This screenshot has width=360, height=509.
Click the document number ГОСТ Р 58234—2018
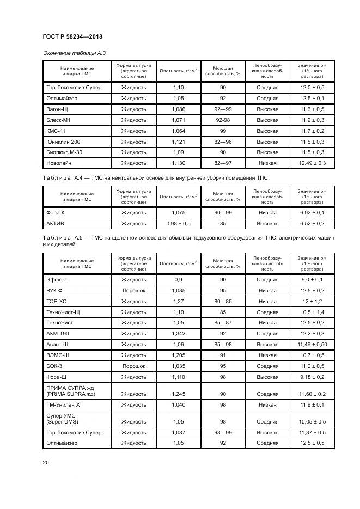tap(72, 36)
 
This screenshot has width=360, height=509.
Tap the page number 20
tap(46, 463)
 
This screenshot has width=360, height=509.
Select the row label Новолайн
tap(59, 163)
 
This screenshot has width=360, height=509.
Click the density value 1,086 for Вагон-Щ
tap(179, 109)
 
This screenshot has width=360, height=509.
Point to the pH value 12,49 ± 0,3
tap(312, 163)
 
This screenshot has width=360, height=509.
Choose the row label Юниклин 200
tap(63, 142)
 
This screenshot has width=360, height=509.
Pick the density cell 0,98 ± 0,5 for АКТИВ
tap(179, 224)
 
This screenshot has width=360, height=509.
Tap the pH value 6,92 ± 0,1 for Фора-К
tap(312, 213)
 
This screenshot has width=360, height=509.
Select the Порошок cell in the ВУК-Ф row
tap(133, 291)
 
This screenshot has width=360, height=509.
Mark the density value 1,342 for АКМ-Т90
tap(179, 333)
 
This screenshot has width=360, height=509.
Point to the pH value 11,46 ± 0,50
tap(312, 344)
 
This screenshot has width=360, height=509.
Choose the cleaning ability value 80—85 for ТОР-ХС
tap(223, 301)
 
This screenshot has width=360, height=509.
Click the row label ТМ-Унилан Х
tap(63, 404)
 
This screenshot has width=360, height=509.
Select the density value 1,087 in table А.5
tap(179, 433)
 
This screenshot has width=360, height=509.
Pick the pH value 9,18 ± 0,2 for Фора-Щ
tap(312, 376)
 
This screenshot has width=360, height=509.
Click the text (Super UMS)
tap(62, 422)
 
